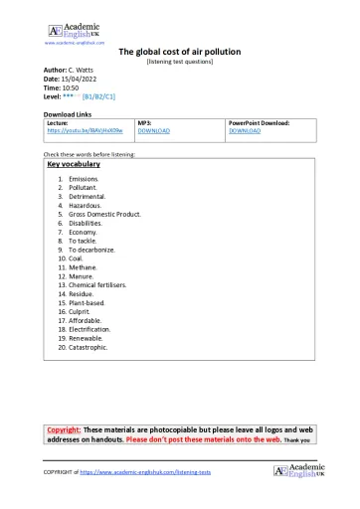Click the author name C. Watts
[86, 70]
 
